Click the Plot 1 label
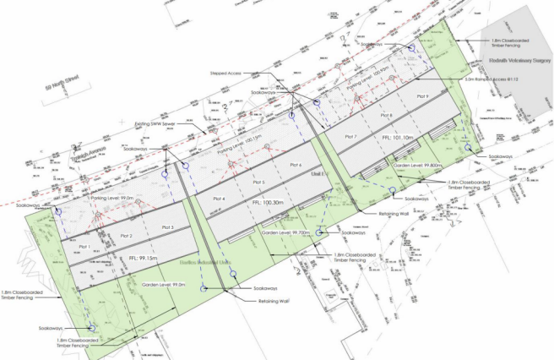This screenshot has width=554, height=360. tap(82, 246)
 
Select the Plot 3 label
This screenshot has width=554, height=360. tap(166, 228)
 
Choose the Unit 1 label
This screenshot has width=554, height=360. tap(317, 172)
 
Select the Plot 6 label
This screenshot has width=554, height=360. tap(295, 165)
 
